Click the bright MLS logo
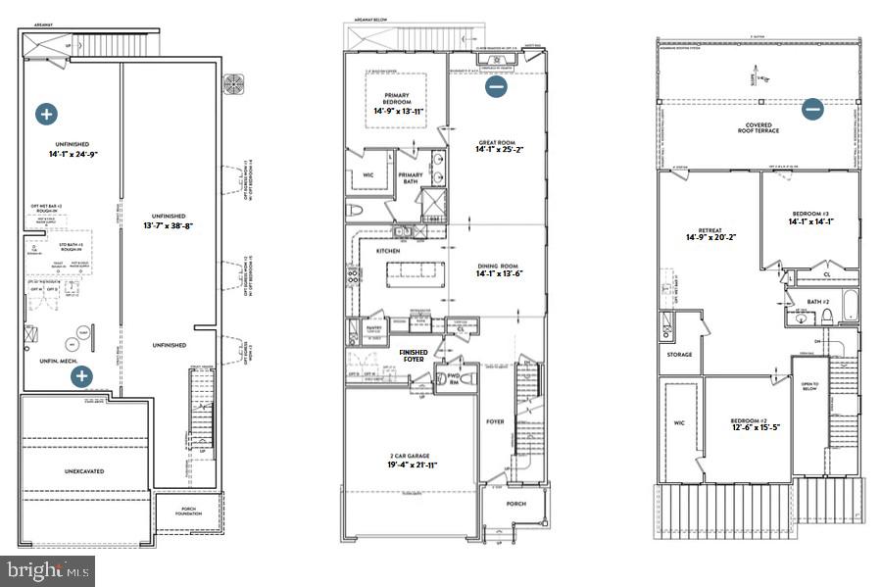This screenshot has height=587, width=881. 49,569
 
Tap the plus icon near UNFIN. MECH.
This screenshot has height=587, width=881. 82,375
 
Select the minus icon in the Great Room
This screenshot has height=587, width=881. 496,86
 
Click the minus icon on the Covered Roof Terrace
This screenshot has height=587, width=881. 812,109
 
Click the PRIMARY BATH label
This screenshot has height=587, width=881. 411,178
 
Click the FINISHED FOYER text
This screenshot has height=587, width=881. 413,355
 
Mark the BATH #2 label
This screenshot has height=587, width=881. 819,302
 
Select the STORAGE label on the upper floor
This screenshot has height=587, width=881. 679,355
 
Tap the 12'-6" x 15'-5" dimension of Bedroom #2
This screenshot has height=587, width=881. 748,427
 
